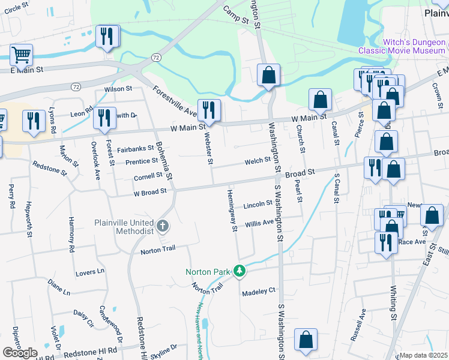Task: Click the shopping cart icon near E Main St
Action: coord(21,55)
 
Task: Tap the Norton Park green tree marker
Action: coord(240,272)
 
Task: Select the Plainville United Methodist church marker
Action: coord(162,226)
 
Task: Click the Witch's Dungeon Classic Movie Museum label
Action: coord(406,47)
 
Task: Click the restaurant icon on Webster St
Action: coord(209,110)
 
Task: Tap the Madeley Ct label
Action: coord(258,292)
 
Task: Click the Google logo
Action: coord(20,352)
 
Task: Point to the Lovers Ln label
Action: coord(90,272)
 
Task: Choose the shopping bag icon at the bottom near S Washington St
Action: coord(306,340)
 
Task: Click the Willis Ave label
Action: coord(259,223)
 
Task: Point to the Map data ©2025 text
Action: coord(424,355)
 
